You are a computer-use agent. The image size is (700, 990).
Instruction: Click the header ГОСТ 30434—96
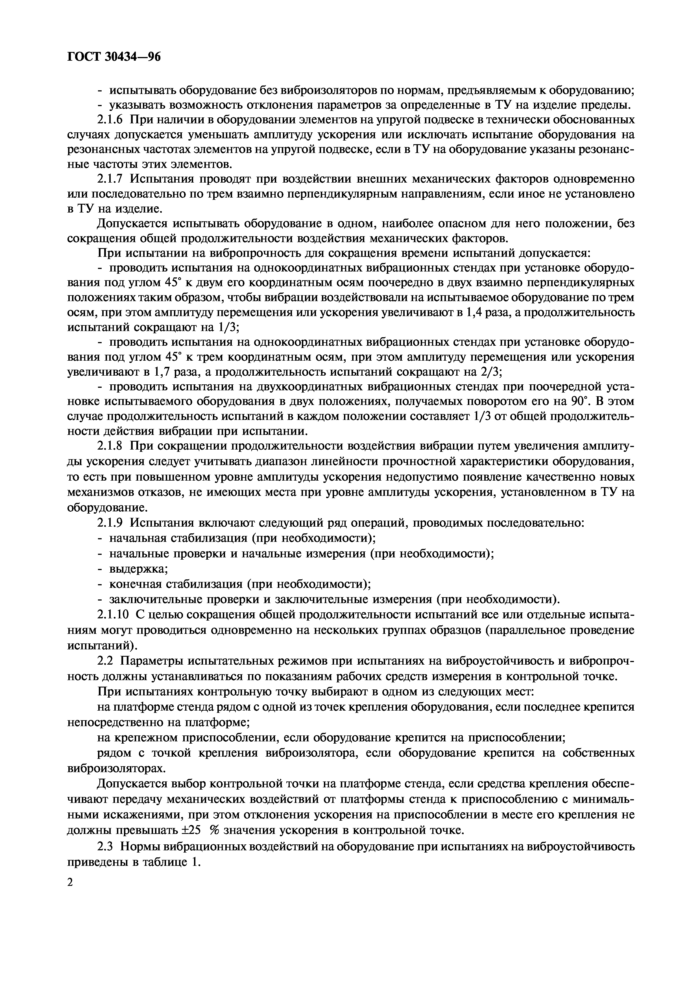tap(114, 56)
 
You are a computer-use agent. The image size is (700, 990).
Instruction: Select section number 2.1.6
tap(111, 119)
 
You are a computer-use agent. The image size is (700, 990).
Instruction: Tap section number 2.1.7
tap(111, 179)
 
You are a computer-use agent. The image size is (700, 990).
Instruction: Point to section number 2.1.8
tap(111, 446)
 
